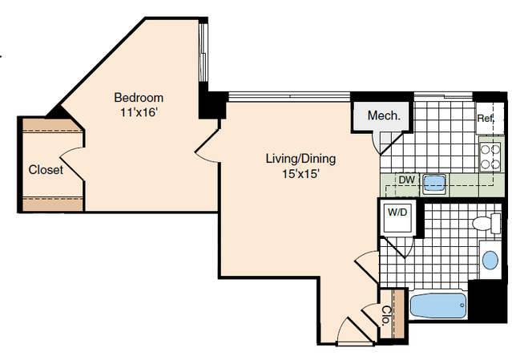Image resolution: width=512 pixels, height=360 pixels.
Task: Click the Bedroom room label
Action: (139, 98)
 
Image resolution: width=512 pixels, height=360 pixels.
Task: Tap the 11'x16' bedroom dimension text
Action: (139, 113)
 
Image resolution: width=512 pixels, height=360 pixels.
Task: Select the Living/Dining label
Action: (300, 159)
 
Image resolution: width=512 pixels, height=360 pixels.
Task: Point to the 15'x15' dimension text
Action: (300, 174)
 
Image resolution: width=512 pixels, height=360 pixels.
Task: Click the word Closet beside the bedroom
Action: (46, 170)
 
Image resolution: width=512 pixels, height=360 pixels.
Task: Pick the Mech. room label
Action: (384, 115)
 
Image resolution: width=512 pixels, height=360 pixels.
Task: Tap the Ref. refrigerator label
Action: (486, 118)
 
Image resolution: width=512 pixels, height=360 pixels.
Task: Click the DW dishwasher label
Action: (407, 180)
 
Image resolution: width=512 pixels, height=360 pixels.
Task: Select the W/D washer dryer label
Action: (397, 212)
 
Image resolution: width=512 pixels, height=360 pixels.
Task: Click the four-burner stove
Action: (490, 156)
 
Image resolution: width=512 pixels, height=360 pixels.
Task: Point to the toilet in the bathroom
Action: (486, 224)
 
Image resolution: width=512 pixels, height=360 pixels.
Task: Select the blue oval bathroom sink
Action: (490, 261)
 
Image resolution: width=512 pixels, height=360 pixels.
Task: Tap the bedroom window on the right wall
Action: (203, 53)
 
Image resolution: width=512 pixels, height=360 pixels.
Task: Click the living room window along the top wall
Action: (288, 97)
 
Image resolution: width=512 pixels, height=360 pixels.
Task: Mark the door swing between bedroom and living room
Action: (207, 146)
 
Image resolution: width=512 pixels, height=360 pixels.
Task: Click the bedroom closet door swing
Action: (72, 164)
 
